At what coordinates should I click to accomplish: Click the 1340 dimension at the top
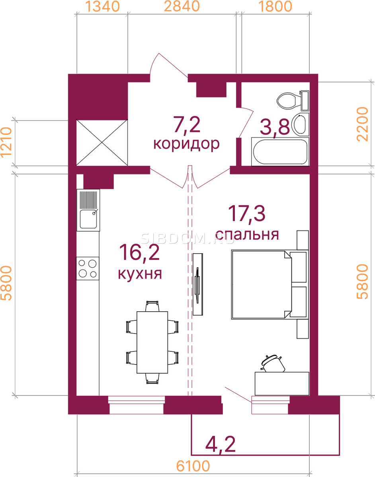[102, 7]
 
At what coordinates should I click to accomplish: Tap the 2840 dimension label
[182, 7]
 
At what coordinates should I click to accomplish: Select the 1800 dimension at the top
[276, 7]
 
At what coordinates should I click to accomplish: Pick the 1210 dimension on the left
[6, 142]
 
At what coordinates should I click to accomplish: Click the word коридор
[186, 144]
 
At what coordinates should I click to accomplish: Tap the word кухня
[140, 274]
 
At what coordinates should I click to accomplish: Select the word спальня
[247, 235]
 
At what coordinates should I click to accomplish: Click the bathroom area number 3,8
[275, 128]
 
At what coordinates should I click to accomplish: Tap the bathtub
[280, 152]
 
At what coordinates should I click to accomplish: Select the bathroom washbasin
[300, 124]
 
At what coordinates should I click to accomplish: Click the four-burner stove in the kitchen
[88, 268]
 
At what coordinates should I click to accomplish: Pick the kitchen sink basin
[88, 219]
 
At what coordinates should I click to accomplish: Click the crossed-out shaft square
[102, 143]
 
